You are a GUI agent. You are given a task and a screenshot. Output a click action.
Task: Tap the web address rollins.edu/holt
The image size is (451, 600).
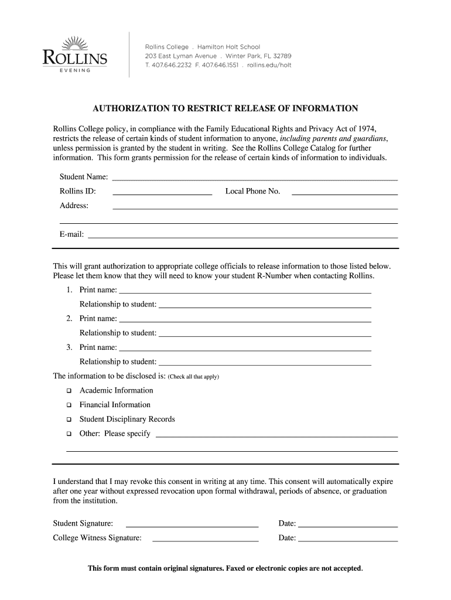(269, 65)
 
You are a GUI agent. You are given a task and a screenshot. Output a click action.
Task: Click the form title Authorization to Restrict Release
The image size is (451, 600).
(225, 108)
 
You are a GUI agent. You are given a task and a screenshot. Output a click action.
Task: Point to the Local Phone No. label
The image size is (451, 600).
(252, 192)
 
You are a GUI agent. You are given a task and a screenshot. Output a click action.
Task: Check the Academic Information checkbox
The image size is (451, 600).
(69, 391)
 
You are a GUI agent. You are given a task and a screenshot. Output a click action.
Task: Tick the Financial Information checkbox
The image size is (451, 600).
(69, 405)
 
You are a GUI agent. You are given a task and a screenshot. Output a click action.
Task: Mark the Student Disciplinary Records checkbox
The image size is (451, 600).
(69, 420)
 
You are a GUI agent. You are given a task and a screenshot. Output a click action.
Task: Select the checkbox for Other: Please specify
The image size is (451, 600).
(69, 434)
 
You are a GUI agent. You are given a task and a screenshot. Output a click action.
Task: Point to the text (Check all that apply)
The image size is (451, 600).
(193, 377)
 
